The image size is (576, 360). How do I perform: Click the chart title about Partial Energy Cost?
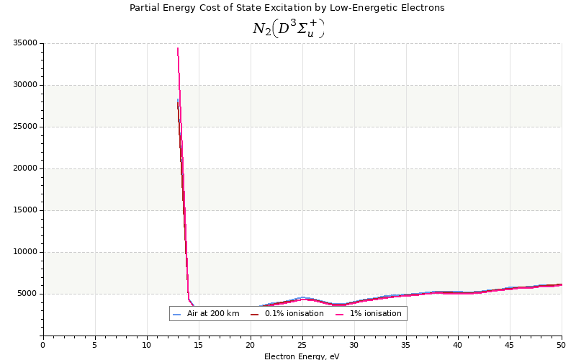click(x=287, y=8)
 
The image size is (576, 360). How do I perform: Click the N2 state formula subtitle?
click(x=288, y=29)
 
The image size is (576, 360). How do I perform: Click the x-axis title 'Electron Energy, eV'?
click(x=302, y=356)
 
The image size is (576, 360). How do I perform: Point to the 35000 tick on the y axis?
click(x=25, y=43)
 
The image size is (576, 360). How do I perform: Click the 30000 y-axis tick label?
click(x=25, y=85)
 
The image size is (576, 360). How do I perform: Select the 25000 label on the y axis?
click(x=25, y=127)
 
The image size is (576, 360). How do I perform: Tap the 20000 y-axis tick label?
click(x=25, y=168)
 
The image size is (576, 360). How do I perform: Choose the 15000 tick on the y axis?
click(x=25, y=210)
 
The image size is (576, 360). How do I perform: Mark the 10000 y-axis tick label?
click(x=25, y=252)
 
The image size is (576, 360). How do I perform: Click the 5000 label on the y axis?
click(x=27, y=294)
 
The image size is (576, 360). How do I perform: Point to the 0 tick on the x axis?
click(x=42, y=345)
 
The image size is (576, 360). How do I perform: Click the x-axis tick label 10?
click(x=147, y=345)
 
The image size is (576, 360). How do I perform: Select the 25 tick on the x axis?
click(x=302, y=345)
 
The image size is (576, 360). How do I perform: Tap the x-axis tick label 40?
click(x=458, y=345)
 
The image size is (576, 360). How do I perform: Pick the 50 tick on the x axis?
click(x=562, y=345)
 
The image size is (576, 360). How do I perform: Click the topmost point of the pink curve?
click(x=178, y=48)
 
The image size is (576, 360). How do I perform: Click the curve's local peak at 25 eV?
click(x=303, y=297)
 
